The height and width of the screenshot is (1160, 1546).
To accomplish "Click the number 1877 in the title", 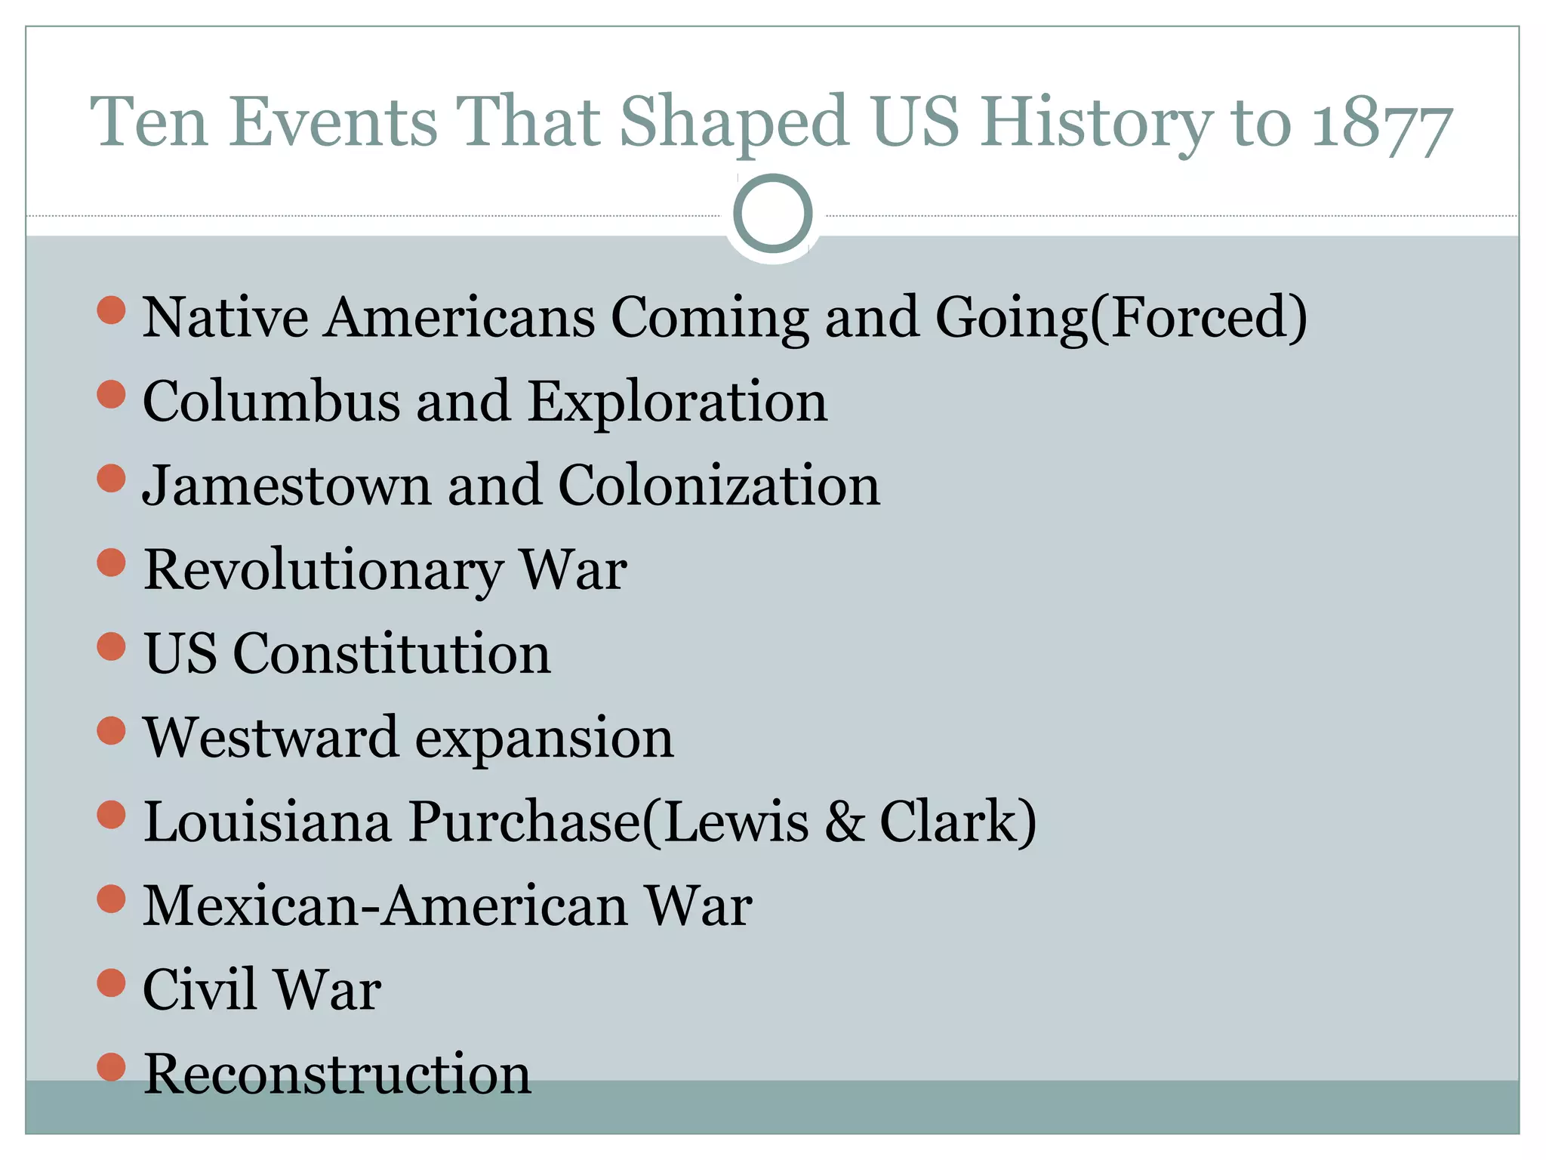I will (x=1381, y=124).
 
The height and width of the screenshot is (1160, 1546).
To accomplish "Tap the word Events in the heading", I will (x=333, y=122).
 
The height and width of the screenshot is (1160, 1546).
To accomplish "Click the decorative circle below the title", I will (x=772, y=214).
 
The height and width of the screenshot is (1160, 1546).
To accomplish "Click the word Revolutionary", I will (x=322, y=570).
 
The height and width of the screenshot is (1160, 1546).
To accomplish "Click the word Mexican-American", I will (x=386, y=905).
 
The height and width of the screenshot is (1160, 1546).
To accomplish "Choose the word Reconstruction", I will (x=337, y=1074).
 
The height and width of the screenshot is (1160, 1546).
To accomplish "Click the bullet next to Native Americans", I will (x=111, y=310).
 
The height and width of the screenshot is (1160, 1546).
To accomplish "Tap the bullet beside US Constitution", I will (x=111, y=647).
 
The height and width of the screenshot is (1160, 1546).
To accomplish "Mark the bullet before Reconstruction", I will (x=111, y=1067).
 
